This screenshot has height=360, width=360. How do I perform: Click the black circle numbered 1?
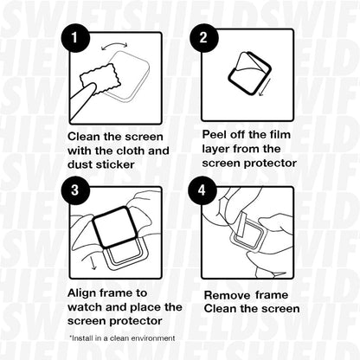[77, 39]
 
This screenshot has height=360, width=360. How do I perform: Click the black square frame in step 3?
[120, 228]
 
